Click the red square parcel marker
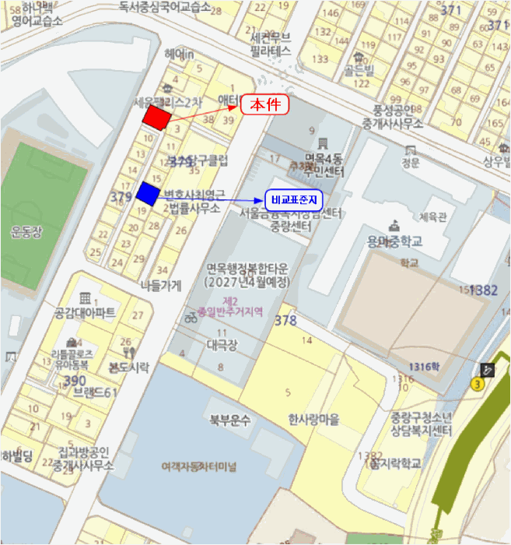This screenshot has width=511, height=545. [x=156, y=117]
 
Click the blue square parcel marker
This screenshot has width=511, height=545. [x=146, y=192]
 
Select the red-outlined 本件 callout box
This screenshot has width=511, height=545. [x=264, y=104]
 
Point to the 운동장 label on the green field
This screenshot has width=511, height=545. [x=26, y=231]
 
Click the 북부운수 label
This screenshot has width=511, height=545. [x=229, y=420]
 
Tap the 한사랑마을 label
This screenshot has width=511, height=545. [x=313, y=420]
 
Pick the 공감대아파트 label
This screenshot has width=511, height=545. [x=85, y=313]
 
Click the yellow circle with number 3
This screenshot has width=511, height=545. [x=478, y=384]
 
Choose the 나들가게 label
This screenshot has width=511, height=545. [x=160, y=285]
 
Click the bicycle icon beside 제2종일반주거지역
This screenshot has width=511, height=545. [x=191, y=316]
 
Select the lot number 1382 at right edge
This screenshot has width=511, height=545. [x=484, y=290]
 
